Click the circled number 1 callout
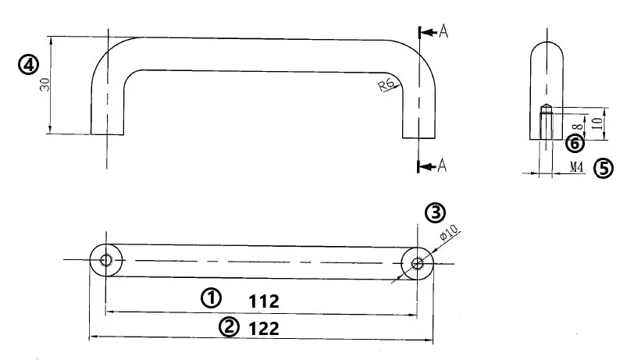click(211, 297)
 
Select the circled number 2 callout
click(228, 327)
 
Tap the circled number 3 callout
click(435, 212)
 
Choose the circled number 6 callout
click(574, 143)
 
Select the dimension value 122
click(264, 328)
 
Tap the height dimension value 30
click(46, 84)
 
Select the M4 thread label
click(577, 167)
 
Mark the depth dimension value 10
click(596, 123)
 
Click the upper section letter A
click(443, 31)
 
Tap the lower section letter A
click(442, 165)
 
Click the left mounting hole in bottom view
click(106, 259)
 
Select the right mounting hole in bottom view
click(419, 263)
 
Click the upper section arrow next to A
click(428, 32)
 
